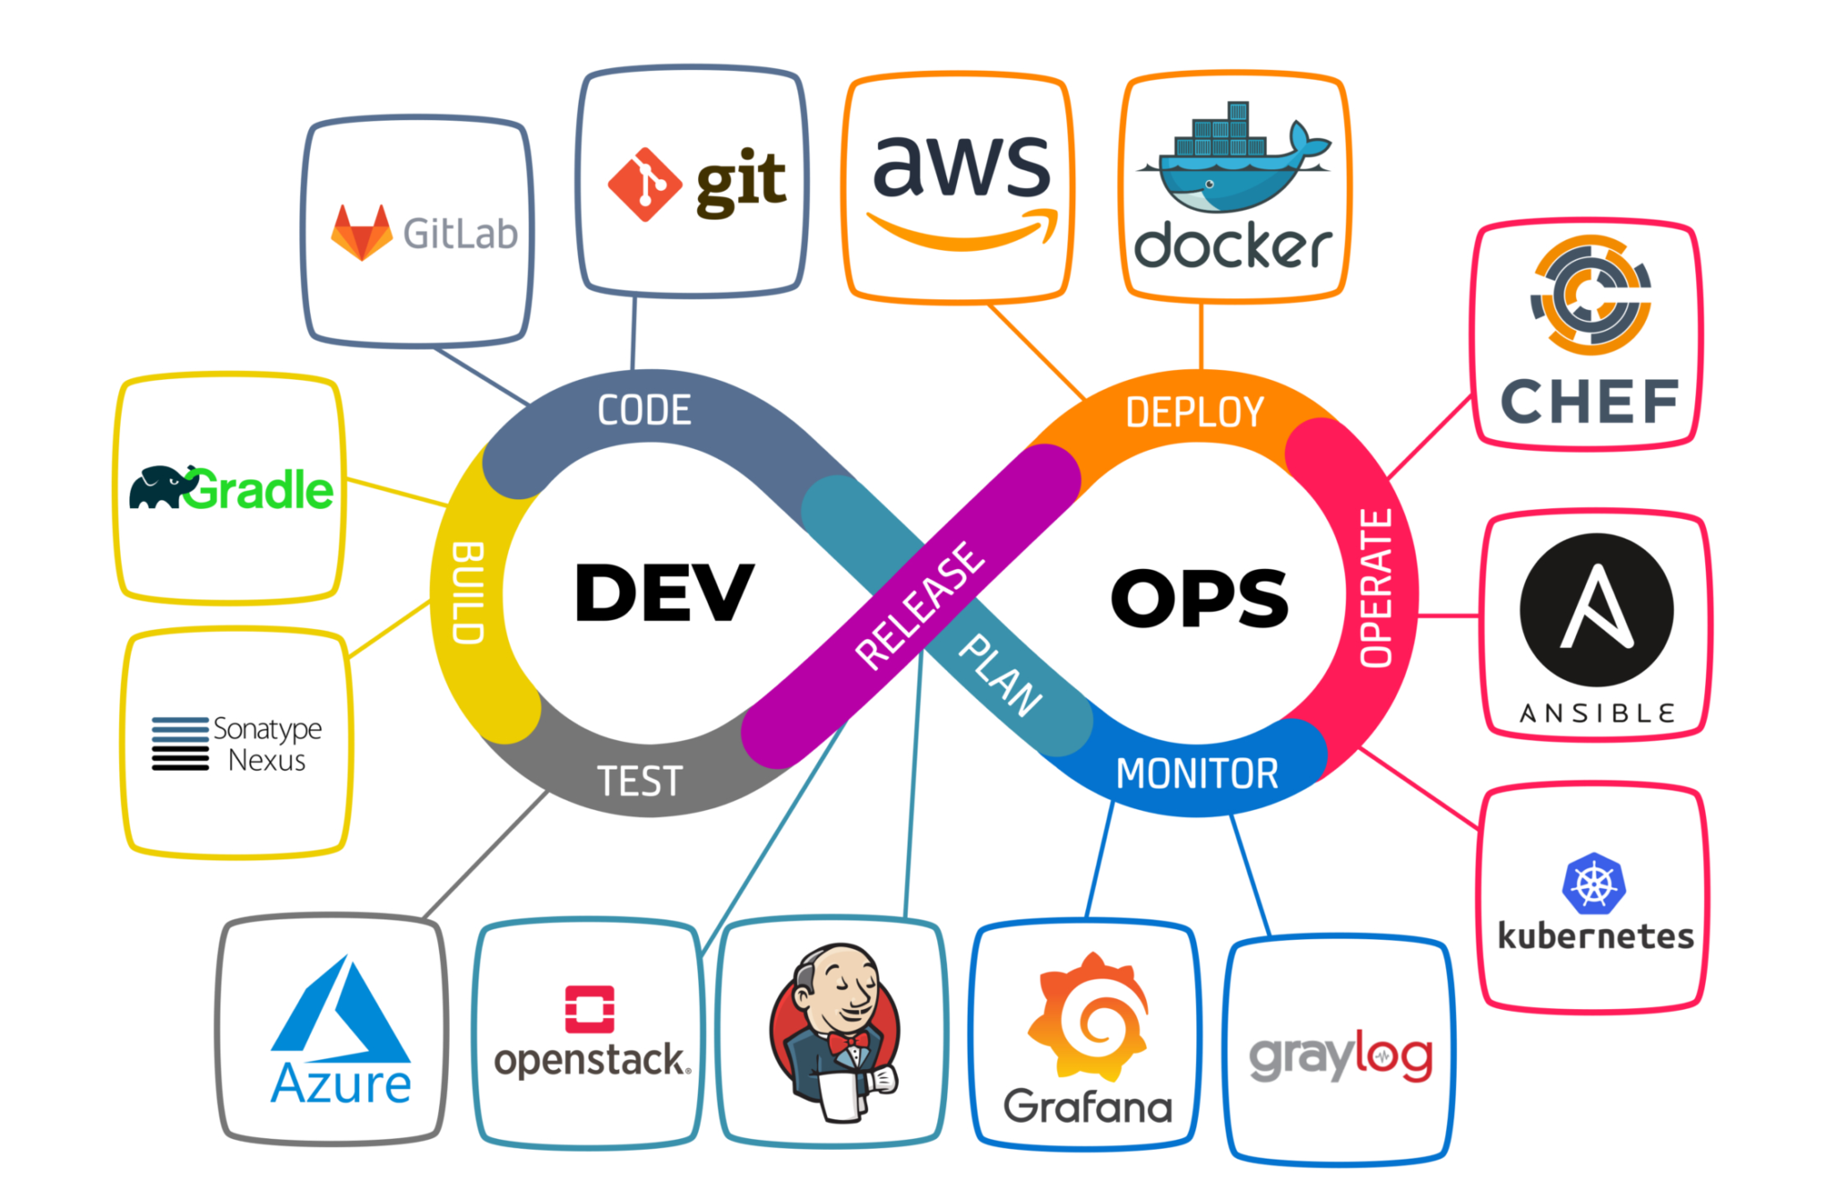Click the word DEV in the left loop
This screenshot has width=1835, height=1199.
664,592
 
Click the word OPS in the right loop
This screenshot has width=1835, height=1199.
1199,598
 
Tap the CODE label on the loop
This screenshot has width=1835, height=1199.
644,410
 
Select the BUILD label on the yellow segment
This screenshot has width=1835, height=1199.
469,592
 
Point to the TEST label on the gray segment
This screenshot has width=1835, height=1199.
640,781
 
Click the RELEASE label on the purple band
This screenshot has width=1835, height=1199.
919,606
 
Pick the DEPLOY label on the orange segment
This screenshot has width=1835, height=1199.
1194,413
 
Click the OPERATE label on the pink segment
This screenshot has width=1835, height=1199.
1376,589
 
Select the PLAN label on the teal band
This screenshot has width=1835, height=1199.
1001,675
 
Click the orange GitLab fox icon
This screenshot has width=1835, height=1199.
362,232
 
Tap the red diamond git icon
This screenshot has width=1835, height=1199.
644,185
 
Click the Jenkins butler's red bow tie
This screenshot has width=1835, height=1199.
848,1042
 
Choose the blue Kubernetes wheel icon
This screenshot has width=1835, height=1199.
1594,884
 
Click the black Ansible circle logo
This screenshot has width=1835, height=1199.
1597,610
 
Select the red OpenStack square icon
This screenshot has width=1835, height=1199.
590,1010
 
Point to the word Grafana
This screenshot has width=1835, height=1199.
1088,1108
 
